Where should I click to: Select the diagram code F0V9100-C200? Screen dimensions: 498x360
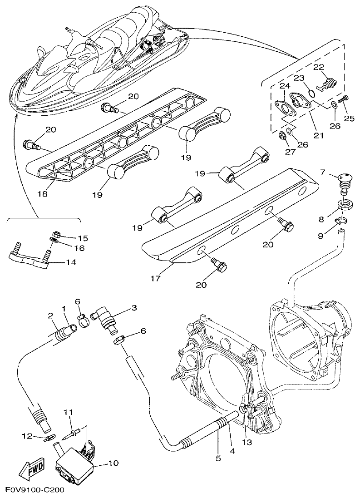(35, 491)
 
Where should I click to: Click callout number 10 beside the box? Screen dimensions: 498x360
(113, 463)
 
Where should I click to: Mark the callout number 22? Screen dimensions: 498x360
(318, 67)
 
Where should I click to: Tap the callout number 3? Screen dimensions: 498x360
(133, 308)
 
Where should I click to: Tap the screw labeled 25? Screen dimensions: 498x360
(347, 97)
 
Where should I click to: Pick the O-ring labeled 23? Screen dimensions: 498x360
(310, 94)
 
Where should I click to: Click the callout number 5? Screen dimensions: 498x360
(218, 459)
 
